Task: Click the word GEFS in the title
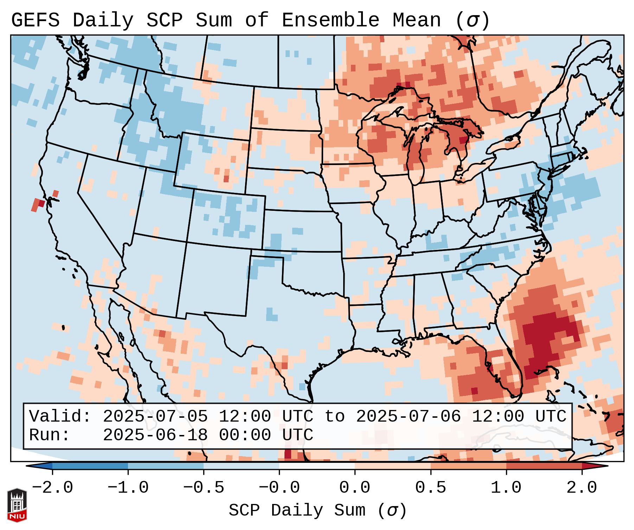point(35,20)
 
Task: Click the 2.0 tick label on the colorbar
point(582,488)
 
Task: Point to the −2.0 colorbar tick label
point(52,488)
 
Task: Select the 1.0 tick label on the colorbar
point(506,488)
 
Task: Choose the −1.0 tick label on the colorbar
point(128,488)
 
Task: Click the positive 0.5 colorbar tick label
point(430,488)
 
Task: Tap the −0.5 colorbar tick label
point(204,488)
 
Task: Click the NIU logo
point(17,505)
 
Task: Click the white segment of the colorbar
point(317,466)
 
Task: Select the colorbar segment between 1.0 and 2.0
point(544,466)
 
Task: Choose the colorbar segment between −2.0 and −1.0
point(90,466)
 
